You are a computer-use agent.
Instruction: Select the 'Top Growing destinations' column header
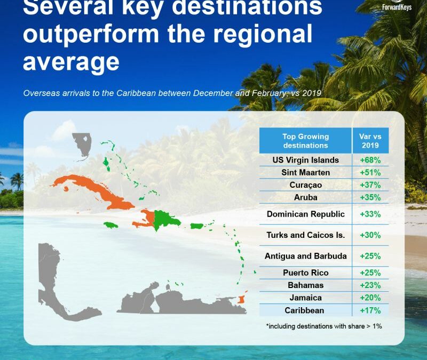click(x=305, y=141)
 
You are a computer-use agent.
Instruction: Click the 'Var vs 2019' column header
click(x=370, y=141)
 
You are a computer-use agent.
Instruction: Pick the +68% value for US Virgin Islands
click(x=370, y=160)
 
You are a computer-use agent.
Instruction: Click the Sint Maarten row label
click(x=305, y=173)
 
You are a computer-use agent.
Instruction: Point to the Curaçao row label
click(x=305, y=185)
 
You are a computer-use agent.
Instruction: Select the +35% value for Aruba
click(x=370, y=197)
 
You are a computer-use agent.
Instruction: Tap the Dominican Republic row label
click(x=305, y=214)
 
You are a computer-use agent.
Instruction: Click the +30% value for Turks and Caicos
click(x=370, y=235)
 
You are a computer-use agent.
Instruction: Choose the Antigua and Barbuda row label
click(x=305, y=256)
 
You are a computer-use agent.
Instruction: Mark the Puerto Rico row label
click(x=305, y=273)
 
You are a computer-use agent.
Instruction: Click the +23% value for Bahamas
click(x=370, y=285)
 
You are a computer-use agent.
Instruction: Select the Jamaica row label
click(x=305, y=298)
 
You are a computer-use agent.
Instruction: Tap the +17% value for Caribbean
click(x=370, y=310)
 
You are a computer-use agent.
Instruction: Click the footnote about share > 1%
click(x=323, y=325)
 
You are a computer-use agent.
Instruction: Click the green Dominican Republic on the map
click(x=165, y=219)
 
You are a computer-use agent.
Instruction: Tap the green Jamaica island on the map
click(x=111, y=226)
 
